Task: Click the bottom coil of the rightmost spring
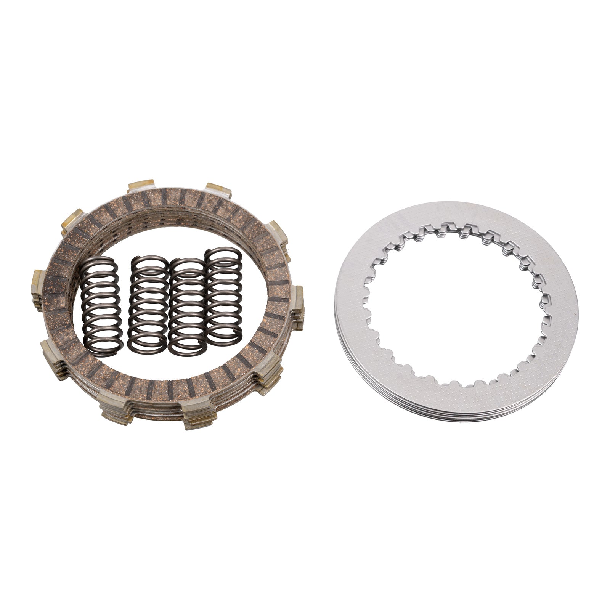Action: coord(225,338)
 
